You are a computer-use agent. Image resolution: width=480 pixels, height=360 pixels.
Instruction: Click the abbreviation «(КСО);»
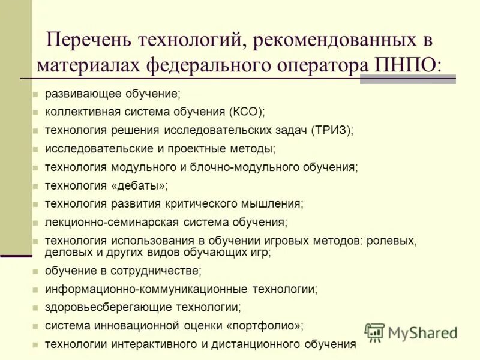[246, 112]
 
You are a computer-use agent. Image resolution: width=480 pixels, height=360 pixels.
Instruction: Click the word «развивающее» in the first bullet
[82, 94]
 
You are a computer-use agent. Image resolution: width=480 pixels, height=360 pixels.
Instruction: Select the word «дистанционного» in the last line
[265, 344]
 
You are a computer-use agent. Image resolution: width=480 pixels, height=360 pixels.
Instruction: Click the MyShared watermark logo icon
[374, 332]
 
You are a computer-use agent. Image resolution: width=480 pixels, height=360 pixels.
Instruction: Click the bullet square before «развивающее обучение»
[35, 95]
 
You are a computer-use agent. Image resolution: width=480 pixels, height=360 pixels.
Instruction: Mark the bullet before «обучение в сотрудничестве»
[35, 271]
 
